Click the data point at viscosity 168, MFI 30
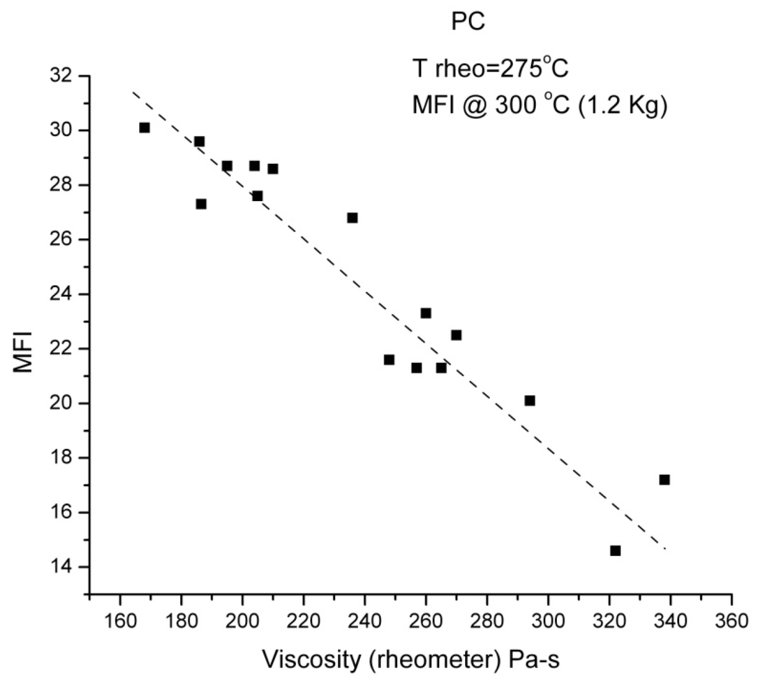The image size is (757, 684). tap(144, 128)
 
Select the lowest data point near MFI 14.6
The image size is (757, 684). tap(615, 551)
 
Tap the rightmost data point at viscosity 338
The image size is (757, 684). tap(664, 480)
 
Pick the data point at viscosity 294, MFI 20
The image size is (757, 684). tap(530, 401)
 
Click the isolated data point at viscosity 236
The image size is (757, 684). tap(352, 218)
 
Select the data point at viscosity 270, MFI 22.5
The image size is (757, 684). tap(456, 335)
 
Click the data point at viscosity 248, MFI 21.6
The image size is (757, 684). tap(389, 360)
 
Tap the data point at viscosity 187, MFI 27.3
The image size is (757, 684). tap(201, 204)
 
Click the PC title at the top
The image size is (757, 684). tap(468, 22)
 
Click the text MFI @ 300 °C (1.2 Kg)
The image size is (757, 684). tap(540, 105)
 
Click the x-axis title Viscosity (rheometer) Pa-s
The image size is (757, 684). tap(411, 659)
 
